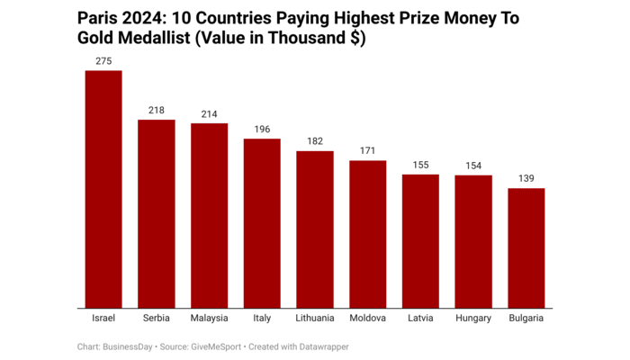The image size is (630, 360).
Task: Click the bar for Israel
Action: (103, 189)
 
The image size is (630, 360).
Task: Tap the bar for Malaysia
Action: (209, 216)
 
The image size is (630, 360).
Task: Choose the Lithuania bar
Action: (315, 229)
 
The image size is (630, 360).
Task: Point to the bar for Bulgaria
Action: (526, 248)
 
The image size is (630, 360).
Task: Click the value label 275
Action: (103, 60)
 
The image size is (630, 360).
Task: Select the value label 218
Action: (156, 110)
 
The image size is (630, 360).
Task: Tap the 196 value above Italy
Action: (262, 129)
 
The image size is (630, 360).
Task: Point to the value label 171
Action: (367, 150)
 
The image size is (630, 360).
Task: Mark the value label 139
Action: (526, 178)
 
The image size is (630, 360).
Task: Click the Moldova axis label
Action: (367, 319)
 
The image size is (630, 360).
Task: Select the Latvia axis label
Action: (420, 319)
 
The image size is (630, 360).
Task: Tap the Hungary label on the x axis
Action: (473, 319)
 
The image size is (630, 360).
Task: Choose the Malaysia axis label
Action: (209, 319)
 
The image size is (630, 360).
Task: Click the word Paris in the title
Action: (98, 19)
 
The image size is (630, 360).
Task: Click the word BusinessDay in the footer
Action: (128, 346)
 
